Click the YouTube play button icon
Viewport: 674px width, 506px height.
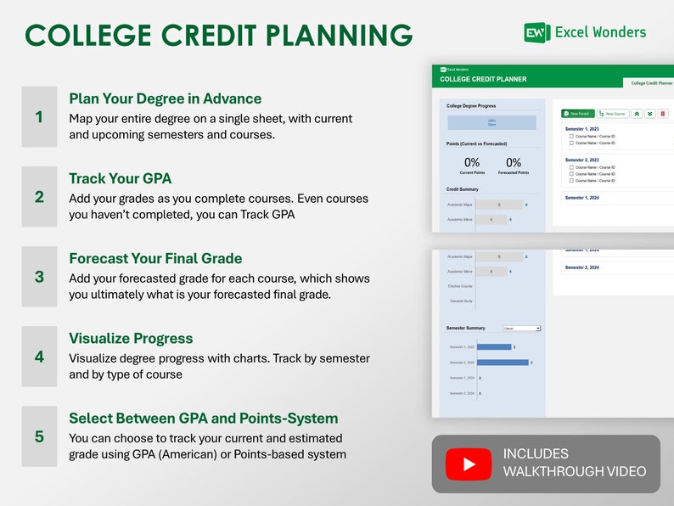(469, 464)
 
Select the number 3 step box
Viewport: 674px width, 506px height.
(39, 277)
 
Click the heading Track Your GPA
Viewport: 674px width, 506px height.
(121, 178)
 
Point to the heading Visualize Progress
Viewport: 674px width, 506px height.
(131, 338)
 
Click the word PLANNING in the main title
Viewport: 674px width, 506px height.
(340, 36)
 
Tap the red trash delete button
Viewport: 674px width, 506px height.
(663, 113)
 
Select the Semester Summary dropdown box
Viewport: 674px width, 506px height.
(521, 328)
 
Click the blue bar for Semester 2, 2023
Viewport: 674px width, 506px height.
(503, 363)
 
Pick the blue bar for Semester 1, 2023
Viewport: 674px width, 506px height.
(494, 346)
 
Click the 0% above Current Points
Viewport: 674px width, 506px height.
(472, 162)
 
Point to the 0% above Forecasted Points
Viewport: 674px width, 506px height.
(514, 162)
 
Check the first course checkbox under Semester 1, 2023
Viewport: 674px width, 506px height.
(571, 136)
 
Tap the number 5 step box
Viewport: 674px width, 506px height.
(39, 436)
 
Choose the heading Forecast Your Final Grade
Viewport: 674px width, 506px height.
(155, 258)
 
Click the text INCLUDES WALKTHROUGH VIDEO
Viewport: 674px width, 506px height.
(574, 463)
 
